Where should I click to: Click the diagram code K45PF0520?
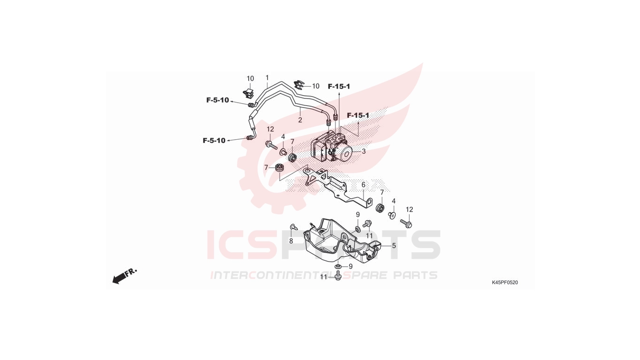click(505, 283)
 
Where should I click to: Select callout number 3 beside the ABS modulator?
click(364, 151)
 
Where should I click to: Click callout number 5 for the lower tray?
click(394, 246)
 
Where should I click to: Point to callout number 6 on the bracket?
click(364, 185)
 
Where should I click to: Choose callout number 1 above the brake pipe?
click(267, 77)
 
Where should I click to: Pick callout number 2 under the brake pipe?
click(300, 120)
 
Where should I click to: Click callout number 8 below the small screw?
click(291, 241)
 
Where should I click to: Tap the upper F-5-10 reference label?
click(218, 100)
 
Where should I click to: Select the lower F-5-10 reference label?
click(214, 141)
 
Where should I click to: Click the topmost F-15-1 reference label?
click(339, 86)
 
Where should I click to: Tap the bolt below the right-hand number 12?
click(406, 223)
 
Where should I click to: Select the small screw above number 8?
click(294, 227)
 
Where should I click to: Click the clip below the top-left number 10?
click(249, 93)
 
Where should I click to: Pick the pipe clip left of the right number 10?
click(298, 84)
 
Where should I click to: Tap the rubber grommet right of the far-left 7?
click(279, 168)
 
